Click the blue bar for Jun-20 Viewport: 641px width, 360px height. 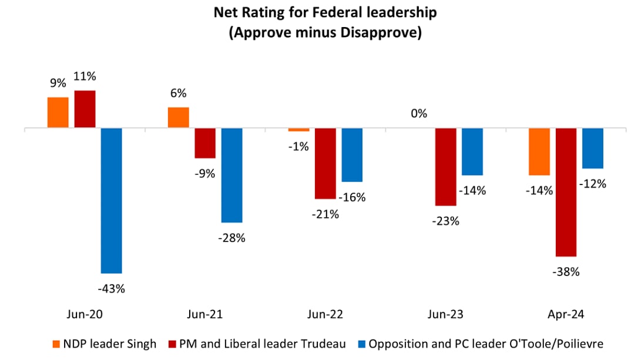tap(112, 200)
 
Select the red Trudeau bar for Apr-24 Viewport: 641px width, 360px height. tap(566, 192)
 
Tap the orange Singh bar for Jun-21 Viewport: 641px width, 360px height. tap(179, 117)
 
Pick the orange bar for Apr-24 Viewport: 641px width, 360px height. tap(539, 152)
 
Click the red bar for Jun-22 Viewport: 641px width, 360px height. tap(325, 163)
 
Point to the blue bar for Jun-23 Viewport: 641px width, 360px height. tap(472, 152)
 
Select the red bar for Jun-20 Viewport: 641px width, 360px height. tap(85, 109)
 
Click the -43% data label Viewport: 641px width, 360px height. tap(111, 288)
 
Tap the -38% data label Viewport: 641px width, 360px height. tap(566, 272)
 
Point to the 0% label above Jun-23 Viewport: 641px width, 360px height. tap(419, 113)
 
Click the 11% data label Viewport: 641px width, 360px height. tap(85, 76)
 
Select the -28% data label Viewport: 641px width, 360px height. tap(231, 238)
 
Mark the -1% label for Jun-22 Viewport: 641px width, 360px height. tap(298, 147)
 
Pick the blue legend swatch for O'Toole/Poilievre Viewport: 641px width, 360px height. tap(362, 344)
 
